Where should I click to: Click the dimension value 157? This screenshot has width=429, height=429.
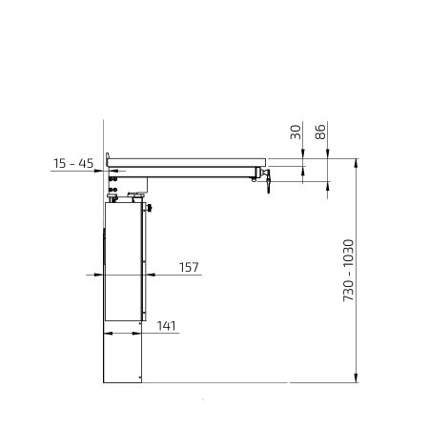[189, 267]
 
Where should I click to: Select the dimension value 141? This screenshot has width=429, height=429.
[166, 326]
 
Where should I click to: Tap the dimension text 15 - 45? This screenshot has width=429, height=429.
[73, 163]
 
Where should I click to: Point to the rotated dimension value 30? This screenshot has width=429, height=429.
[296, 132]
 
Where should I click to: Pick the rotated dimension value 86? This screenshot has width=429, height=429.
[320, 132]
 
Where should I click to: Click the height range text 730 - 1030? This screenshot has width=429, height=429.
[348, 271]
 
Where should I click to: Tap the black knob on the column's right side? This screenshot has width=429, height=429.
[149, 208]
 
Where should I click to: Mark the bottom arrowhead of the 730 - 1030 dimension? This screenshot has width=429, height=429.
[356, 378]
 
